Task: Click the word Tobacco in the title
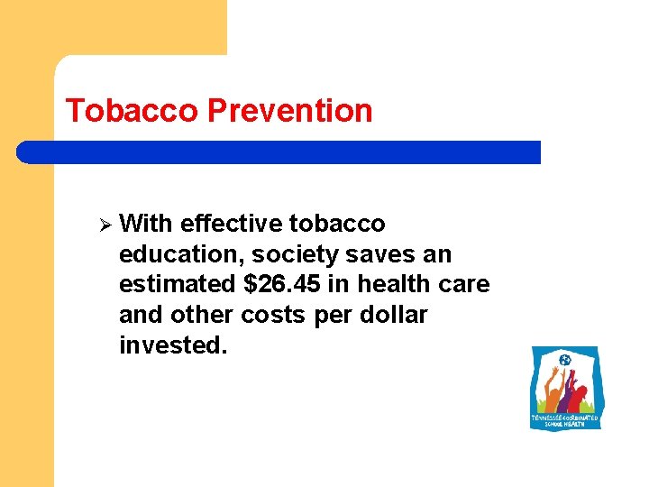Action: tap(133, 111)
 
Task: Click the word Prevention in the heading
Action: tap(289, 111)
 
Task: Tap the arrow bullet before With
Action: tap(104, 223)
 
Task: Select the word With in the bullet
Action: tap(146, 223)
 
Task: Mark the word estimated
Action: tap(176, 284)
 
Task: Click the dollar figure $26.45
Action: tap(282, 284)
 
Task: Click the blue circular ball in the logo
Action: tap(565, 361)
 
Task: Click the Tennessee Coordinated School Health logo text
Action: tap(565, 421)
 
